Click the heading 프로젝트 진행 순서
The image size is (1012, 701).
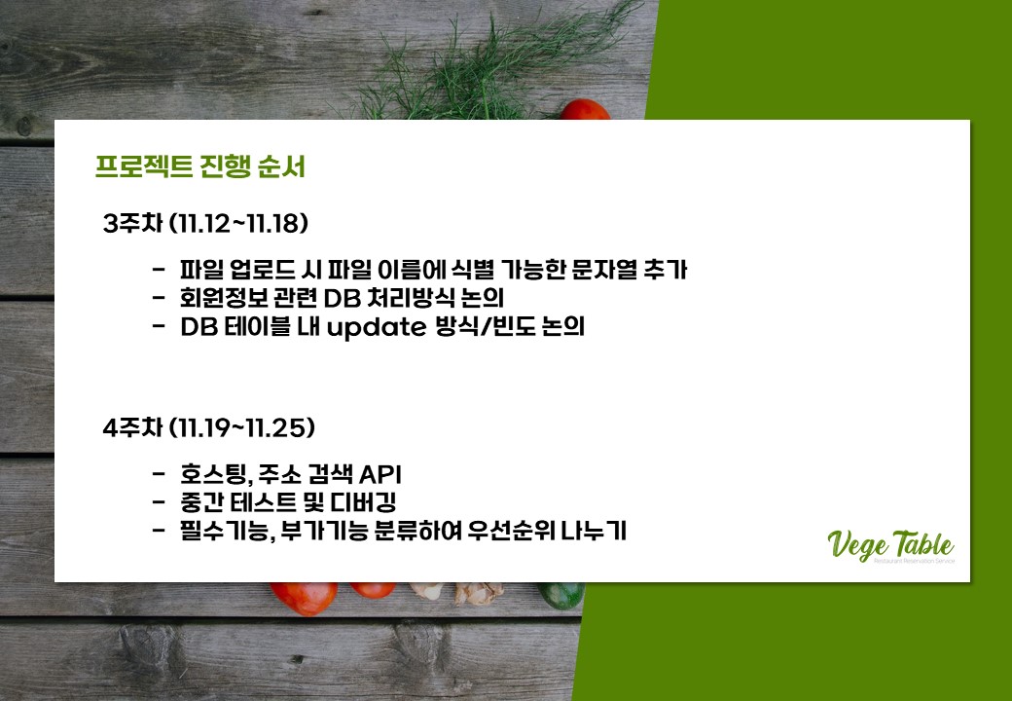(x=200, y=167)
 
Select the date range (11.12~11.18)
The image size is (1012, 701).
(x=238, y=224)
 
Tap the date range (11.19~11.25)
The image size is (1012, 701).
(x=242, y=427)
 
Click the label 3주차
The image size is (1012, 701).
(x=132, y=224)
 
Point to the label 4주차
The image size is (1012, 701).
(x=132, y=427)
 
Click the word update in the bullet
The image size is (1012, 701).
(x=377, y=327)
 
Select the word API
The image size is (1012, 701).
(x=379, y=474)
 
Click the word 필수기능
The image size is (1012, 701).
(x=224, y=532)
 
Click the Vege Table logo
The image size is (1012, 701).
(x=890, y=546)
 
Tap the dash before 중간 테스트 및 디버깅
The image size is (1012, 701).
(x=159, y=502)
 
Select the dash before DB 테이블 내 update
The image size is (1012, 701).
(x=159, y=326)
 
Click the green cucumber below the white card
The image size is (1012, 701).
(x=560, y=595)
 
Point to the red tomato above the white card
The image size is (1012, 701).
(x=585, y=110)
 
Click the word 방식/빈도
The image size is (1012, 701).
(x=480, y=326)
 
